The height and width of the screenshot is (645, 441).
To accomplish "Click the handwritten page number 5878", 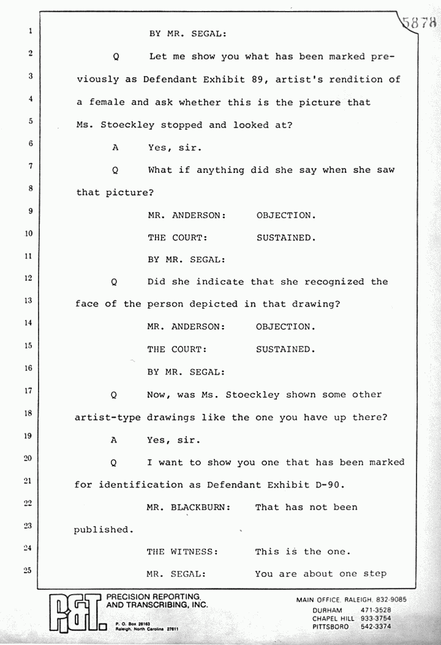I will click(x=420, y=23).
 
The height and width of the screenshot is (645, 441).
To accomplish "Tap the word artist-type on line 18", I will click(x=107, y=417).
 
